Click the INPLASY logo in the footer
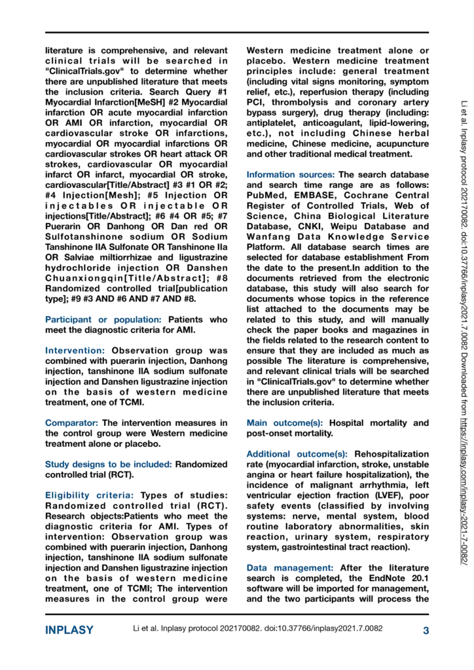point(69,631)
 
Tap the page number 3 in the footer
point(426,631)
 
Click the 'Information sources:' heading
point(291,175)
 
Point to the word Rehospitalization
point(393,453)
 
